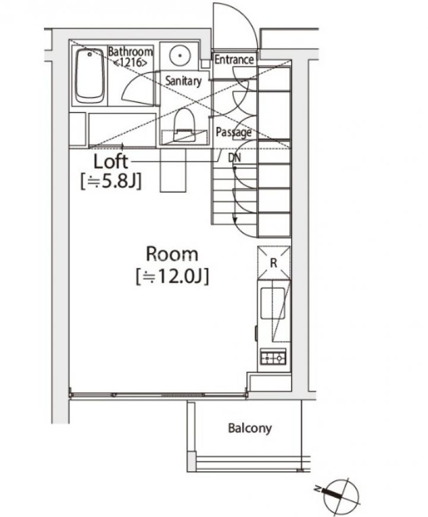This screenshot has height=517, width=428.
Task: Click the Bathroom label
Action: (x=130, y=52)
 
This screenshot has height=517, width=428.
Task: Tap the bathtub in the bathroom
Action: (x=89, y=76)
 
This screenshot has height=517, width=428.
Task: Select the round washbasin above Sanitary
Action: (x=179, y=55)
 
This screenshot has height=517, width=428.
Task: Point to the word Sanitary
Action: (x=183, y=81)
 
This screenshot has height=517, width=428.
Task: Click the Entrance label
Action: (x=234, y=59)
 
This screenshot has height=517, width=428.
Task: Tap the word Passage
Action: (x=234, y=132)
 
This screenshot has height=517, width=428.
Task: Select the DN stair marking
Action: (x=234, y=157)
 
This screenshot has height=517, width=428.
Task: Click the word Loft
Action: (x=110, y=162)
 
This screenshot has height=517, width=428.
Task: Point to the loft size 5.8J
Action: (x=111, y=181)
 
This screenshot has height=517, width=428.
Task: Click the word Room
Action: (x=172, y=254)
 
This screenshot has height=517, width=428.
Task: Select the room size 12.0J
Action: (x=172, y=276)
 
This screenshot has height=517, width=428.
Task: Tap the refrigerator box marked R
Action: (x=274, y=263)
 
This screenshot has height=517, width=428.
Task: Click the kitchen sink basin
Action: (x=273, y=303)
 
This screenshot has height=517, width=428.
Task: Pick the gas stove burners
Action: (x=273, y=357)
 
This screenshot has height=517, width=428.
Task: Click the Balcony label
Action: (x=250, y=428)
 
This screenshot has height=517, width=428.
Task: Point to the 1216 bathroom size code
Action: (x=130, y=62)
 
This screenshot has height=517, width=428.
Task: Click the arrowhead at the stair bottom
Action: (x=235, y=220)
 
